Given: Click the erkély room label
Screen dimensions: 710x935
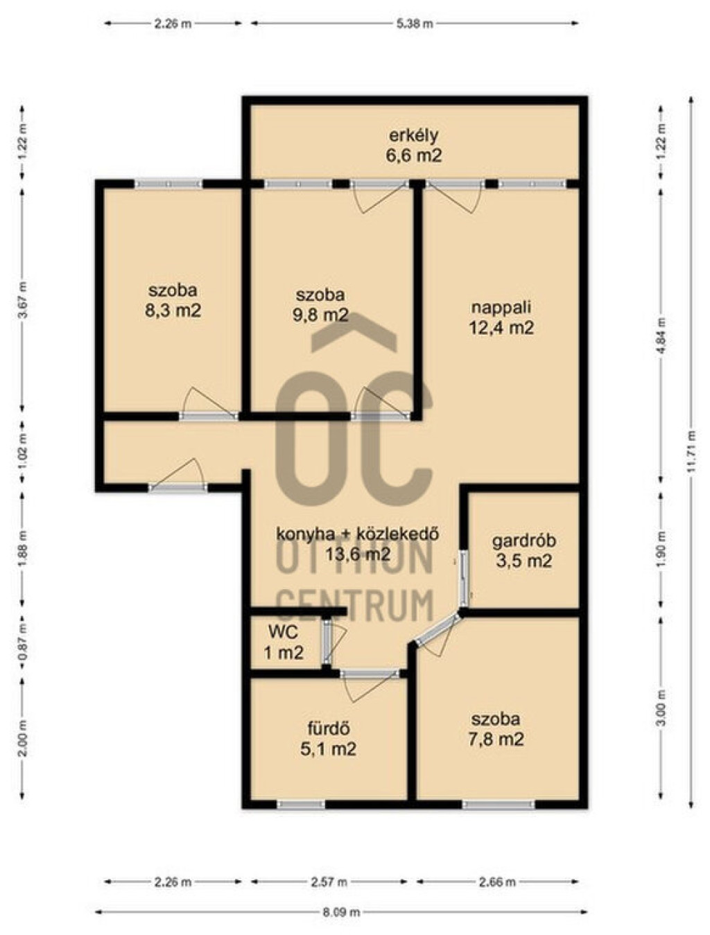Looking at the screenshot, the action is (413, 146).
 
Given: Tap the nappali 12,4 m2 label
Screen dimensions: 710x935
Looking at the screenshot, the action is (501, 317).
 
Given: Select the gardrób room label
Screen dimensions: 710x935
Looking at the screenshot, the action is (523, 551).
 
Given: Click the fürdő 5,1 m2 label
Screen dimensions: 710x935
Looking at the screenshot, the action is (329, 739).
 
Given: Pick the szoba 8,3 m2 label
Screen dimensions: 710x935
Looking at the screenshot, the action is (173, 301).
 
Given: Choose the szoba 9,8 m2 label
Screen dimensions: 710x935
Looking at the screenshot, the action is (321, 305).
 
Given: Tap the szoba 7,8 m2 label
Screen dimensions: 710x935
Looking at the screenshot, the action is (496, 729).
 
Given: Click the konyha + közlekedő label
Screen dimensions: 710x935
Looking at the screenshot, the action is (357, 534).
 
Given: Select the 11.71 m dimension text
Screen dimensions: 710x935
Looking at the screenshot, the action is (692, 451).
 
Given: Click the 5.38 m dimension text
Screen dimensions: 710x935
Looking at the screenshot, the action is (415, 24).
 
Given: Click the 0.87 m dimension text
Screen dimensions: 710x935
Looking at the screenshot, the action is (23, 642).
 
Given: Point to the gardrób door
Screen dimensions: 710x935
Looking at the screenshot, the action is (464, 579).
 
